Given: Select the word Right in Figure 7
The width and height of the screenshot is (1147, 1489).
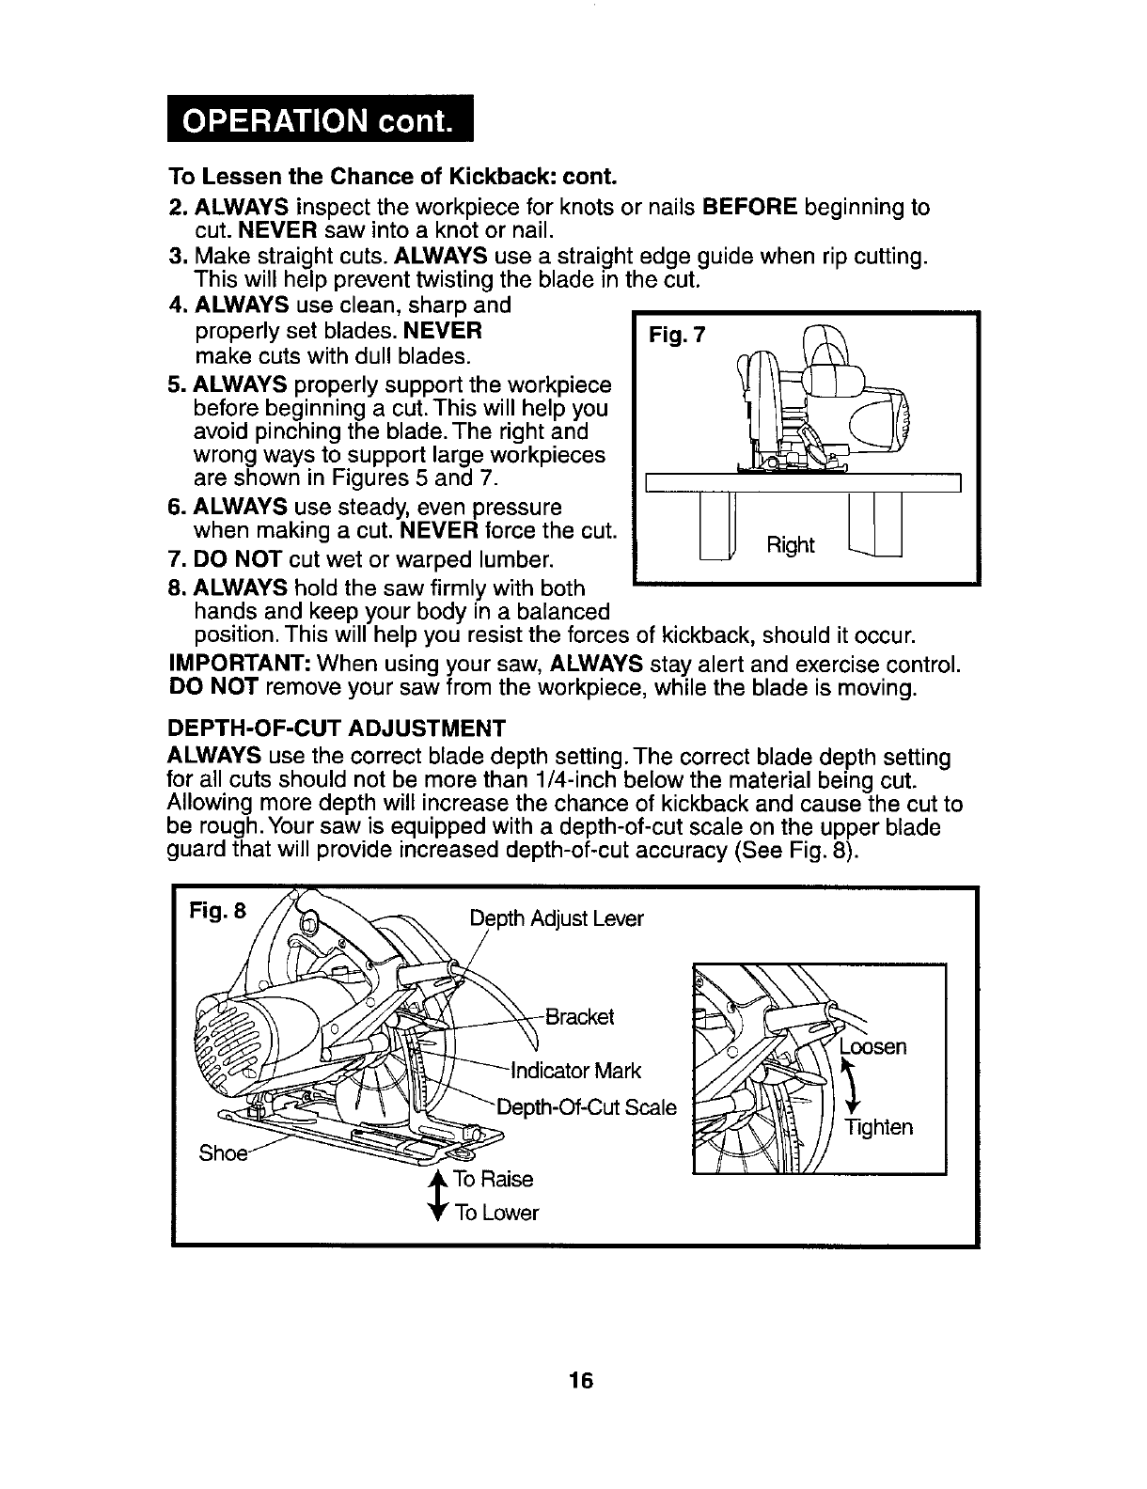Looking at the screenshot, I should (x=791, y=544).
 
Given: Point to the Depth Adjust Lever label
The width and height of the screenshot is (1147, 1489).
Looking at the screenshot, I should (x=557, y=918).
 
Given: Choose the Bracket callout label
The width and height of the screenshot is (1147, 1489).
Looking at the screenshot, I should (x=579, y=1016).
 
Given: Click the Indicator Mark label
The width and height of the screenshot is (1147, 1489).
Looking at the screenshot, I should (x=575, y=1070).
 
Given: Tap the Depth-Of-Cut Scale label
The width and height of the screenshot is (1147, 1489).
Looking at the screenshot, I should (x=586, y=1107).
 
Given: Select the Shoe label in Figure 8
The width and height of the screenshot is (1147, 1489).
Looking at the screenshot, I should (x=220, y=1152).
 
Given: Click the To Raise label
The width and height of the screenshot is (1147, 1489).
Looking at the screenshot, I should (x=493, y=1179).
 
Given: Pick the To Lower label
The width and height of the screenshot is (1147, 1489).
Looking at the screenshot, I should (x=496, y=1213).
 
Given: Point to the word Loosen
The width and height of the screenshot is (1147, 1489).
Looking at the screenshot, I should (x=873, y=1046).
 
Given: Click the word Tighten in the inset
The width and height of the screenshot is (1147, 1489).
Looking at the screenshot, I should (x=878, y=1126).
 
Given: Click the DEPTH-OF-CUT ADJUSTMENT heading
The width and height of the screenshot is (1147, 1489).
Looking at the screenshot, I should (x=337, y=728).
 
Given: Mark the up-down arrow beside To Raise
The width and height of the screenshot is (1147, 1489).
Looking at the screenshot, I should (x=434, y=1196).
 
